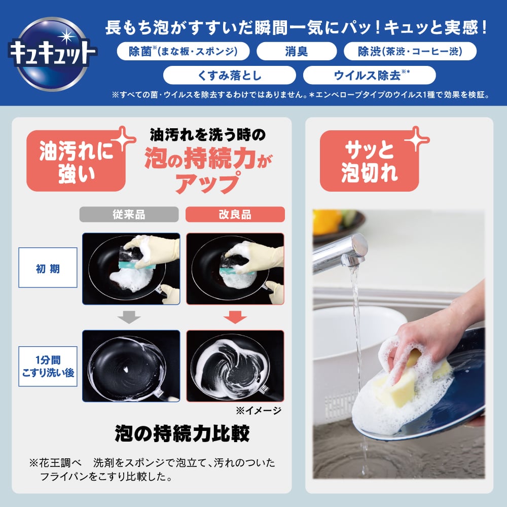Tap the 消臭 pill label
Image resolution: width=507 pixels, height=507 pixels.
297,52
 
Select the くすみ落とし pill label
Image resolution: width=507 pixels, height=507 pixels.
230,76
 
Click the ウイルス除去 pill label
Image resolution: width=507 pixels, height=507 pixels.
369,76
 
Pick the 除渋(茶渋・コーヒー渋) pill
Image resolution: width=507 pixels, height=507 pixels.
410,52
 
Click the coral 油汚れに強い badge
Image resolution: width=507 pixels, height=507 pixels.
76,161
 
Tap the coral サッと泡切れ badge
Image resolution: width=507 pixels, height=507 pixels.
369,161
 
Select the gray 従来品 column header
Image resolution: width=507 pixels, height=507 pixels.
129,214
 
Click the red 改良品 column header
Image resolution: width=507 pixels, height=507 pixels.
235,214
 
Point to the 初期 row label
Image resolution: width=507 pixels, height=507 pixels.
48,268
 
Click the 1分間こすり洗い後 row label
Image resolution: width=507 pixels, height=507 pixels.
48,366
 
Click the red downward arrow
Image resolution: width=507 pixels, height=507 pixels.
235,317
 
